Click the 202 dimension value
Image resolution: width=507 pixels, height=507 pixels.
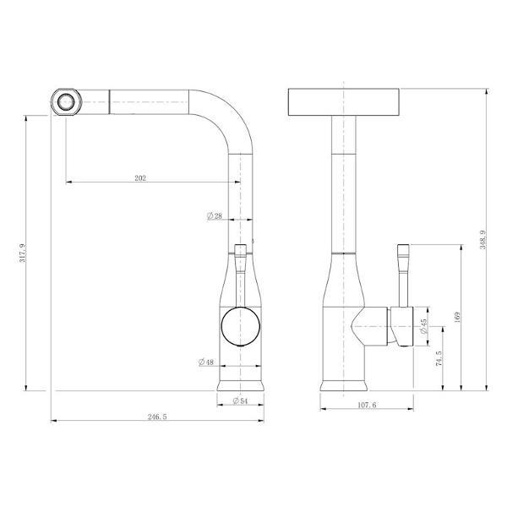click(140, 177)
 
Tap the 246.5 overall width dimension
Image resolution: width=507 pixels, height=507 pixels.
click(157, 417)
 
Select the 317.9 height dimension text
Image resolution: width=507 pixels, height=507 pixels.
click(23, 253)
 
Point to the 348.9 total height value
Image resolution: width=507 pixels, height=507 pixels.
click(482, 240)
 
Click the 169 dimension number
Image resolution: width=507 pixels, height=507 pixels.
click(457, 317)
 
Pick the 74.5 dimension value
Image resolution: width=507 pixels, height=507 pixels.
click(439, 358)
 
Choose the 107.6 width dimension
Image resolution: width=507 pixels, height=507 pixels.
click(367, 405)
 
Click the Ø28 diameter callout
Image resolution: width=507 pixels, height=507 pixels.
click(215, 216)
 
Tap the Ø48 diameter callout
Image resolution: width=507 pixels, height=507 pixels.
click(206, 363)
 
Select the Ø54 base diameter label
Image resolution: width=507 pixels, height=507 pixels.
click(240, 401)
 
